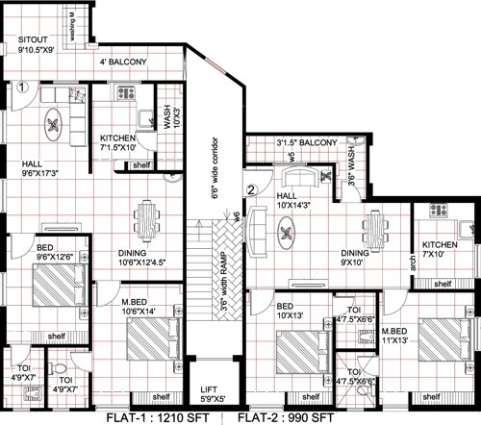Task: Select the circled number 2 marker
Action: click(x=252, y=189)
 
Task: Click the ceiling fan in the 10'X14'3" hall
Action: click(x=288, y=233)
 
